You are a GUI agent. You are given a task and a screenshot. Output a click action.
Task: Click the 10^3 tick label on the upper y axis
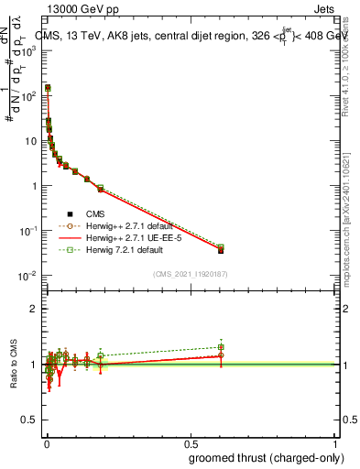(27, 51)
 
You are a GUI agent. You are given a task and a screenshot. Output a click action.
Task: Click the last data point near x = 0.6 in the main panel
(221, 249)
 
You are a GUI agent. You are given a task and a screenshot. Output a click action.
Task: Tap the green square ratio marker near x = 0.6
(221, 347)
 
